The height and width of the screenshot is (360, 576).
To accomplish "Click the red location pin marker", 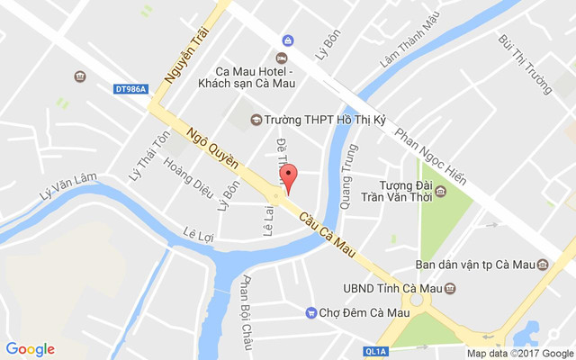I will pyautogui.click(x=288, y=175).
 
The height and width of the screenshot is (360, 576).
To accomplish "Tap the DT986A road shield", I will pyautogui.click(x=130, y=88).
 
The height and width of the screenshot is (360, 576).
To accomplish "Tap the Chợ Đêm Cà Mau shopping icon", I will pyautogui.click(x=310, y=313).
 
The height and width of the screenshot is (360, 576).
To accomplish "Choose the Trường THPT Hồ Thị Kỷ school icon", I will pyautogui.click(x=256, y=120).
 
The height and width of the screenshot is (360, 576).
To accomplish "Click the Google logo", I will pyautogui.click(x=31, y=349).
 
